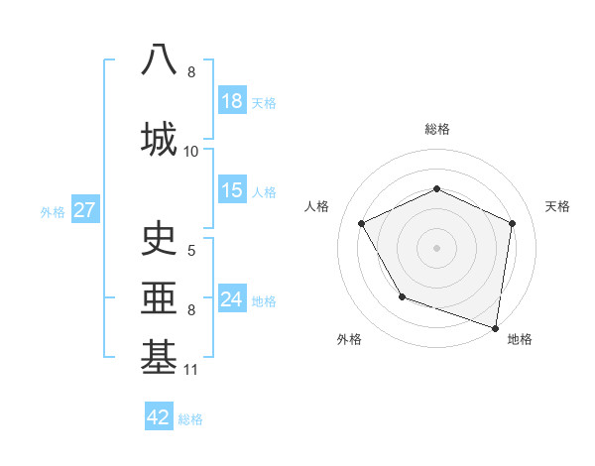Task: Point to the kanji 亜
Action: [x=160, y=296]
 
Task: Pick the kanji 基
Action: [x=160, y=356]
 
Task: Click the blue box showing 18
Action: [x=232, y=101]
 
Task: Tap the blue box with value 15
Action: [x=232, y=190]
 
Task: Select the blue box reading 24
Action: [x=232, y=299]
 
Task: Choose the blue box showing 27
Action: [x=84, y=210]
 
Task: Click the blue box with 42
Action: [x=159, y=417]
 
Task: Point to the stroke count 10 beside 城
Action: [x=191, y=151]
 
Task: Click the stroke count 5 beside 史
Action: [x=191, y=250]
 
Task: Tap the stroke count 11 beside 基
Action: [x=191, y=370]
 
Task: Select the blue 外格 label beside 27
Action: [x=53, y=211]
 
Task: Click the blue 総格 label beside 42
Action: [x=190, y=418]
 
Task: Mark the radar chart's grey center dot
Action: [x=436, y=247]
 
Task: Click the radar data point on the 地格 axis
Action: [x=495, y=327]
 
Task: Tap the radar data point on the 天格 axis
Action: [x=513, y=223]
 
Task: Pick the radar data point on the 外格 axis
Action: [x=402, y=296]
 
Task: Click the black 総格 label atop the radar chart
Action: [x=436, y=129]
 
